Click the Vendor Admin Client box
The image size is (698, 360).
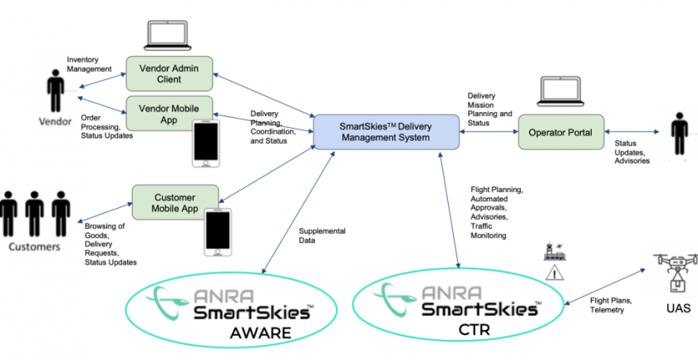coord(170,74)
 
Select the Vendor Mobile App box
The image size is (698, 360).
coord(170,114)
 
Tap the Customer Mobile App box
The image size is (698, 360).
coord(175,203)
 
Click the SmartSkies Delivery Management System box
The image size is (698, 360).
coord(386,132)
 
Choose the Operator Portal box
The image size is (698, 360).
coord(561,132)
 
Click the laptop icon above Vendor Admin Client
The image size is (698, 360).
coord(167,36)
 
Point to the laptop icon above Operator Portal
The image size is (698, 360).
coord(560,91)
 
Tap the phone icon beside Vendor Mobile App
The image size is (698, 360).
coord(206,144)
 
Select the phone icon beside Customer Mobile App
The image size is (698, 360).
coord(218,232)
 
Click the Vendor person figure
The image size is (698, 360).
coord(56,91)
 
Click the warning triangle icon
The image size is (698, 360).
coord(554,272)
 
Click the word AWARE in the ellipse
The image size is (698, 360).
coord(260,333)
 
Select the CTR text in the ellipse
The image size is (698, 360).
coord(474,330)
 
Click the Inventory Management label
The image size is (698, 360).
coord(89,64)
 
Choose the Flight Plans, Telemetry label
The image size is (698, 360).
coord(611,305)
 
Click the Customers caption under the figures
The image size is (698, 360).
coord(34,246)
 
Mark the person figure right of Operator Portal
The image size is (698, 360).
coord(680,134)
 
